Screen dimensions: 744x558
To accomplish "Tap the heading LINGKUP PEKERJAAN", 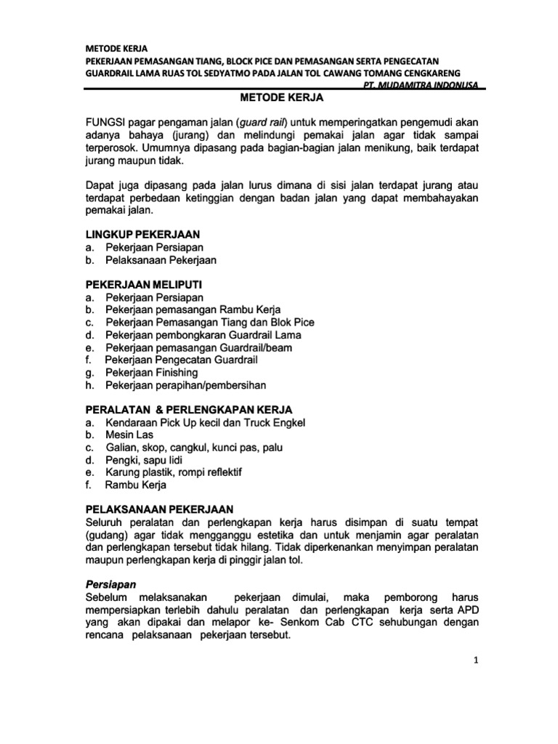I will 142,235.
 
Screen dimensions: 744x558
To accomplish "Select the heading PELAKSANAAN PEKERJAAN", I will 160,509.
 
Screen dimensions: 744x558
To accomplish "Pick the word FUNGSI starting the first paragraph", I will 107,121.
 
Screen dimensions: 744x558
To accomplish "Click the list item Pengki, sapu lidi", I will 144,460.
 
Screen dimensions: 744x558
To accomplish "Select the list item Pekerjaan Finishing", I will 151,372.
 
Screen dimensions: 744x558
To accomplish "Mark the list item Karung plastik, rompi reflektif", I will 174,472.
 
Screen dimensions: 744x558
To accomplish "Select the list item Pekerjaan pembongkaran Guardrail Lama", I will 203,335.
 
